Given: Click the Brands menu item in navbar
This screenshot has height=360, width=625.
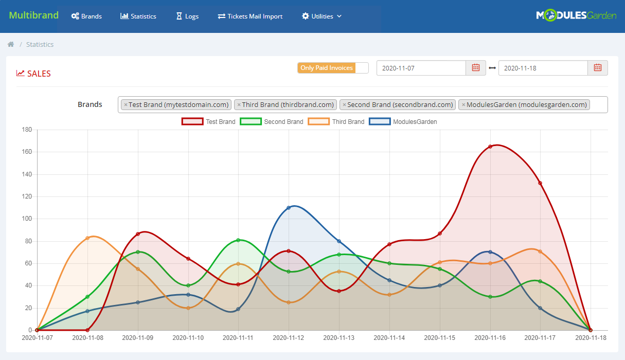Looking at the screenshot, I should tap(86, 16).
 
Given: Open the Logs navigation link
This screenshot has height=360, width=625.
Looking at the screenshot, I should tap(187, 16).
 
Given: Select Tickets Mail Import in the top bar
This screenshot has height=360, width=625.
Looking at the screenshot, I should tap(250, 16).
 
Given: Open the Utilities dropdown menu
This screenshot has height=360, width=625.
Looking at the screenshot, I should tap(322, 16).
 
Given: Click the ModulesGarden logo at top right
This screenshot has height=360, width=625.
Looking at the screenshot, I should tap(576, 15).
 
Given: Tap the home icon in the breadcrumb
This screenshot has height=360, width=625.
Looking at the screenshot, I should tap(11, 45).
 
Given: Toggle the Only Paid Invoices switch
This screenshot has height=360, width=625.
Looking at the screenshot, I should tap(333, 68).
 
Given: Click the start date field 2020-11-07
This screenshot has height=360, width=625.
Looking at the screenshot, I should tap(421, 68).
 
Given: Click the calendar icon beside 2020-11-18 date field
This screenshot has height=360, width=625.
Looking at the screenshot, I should tap(598, 68).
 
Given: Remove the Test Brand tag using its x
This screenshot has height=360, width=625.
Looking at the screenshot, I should tap(126, 105).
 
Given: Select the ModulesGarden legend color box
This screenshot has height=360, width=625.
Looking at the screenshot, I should tap(380, 122).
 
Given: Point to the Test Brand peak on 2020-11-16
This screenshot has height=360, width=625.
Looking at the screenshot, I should tap(490, 147).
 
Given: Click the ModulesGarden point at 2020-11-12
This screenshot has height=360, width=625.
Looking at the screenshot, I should tap(289, 208).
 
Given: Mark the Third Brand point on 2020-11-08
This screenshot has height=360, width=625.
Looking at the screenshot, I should tap(87, 238).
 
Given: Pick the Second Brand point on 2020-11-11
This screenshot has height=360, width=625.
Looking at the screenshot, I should tap(238, 240).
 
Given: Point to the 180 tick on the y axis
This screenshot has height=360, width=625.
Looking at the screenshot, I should tap(27, 130).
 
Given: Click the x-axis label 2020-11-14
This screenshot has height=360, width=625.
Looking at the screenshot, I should tap(389, 338).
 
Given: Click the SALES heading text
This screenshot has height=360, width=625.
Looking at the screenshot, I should tap(39, 74).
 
